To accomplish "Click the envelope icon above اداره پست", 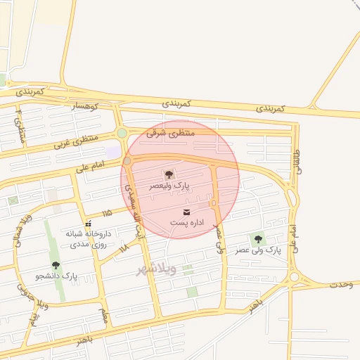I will (x=186, y=212).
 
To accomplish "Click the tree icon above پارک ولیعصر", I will (x=169, y=174).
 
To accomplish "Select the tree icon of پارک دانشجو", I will (x=56, y=266).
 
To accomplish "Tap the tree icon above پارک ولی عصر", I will (x=258, y=239).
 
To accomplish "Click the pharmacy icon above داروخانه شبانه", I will (x=88, y=224).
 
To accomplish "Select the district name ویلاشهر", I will (x=156, y=269).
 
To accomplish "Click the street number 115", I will (x=107, y=212).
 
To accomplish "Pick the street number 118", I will (x=124, y=247).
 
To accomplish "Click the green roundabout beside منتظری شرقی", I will (x=122, y=133).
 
